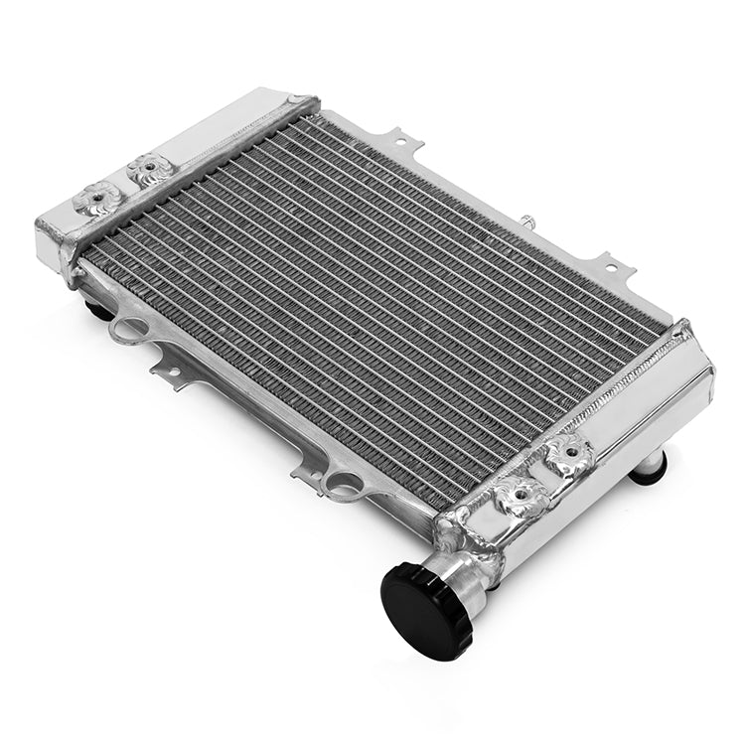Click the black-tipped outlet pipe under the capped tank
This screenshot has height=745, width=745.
coord(648,466)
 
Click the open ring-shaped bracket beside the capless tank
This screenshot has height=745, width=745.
coord(128,327)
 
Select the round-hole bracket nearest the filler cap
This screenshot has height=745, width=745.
coord(343,484)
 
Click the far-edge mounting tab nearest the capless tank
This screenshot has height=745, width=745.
coord(402,138)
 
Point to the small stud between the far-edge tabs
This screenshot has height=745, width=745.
coord(525,217)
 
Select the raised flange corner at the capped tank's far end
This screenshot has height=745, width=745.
coord(682,327)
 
